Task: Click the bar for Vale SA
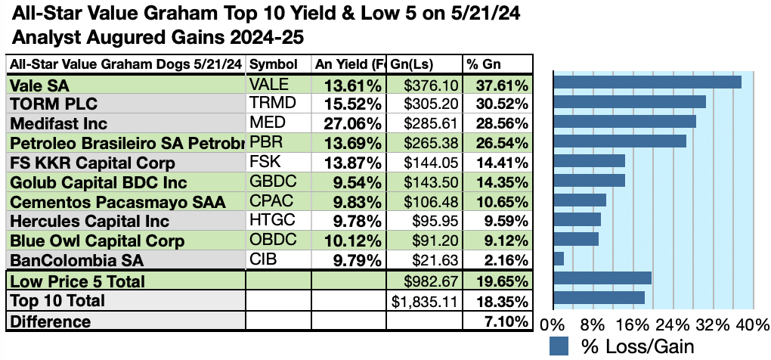(647, 82)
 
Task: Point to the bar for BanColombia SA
(559, 259)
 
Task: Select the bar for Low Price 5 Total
(602, 278)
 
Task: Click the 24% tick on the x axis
(673, 326)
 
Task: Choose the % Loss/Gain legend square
(559, 346)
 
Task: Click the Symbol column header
(273, 64)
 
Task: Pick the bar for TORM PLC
(630, 101)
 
